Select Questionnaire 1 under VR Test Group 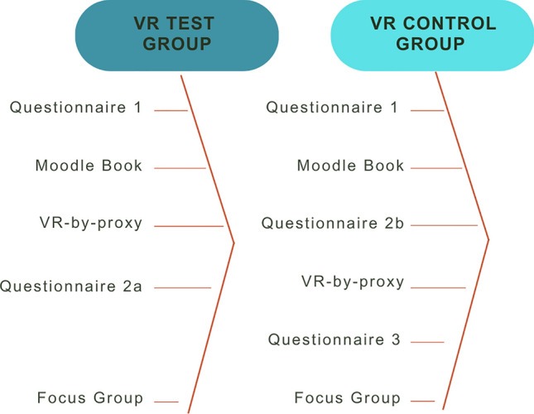pyautogui.click(x=76, y=107)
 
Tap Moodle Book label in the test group pyautogui.click(x=89, y=166)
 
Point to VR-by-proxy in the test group pyautogui.click(x=91, y=223)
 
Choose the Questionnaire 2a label pyautogui.click(x=71, y=286)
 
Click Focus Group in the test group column pyautogui.click(x=90, y=398)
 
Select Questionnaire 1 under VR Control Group pyautogui.click(x=332, y=107)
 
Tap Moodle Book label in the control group pyautogui.click(x=351, y=166)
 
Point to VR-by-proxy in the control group pyautogui.click(x=353, y=282)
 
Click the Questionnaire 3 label pyautogui.click(x=334, y=339)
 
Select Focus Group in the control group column pyautogui.click(x=348, y=398)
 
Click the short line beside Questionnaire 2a pyautogui.click(x=183, y=288)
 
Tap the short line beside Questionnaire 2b pyautogui.click(x=444, y=225)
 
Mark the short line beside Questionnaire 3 pyautogui.click(x=427, y=342)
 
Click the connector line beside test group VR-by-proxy pyautogui.click(x=189, y=226)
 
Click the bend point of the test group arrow pyautogui.click(x=234, y=243)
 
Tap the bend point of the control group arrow pyautogui.click(x=488, y=241)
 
